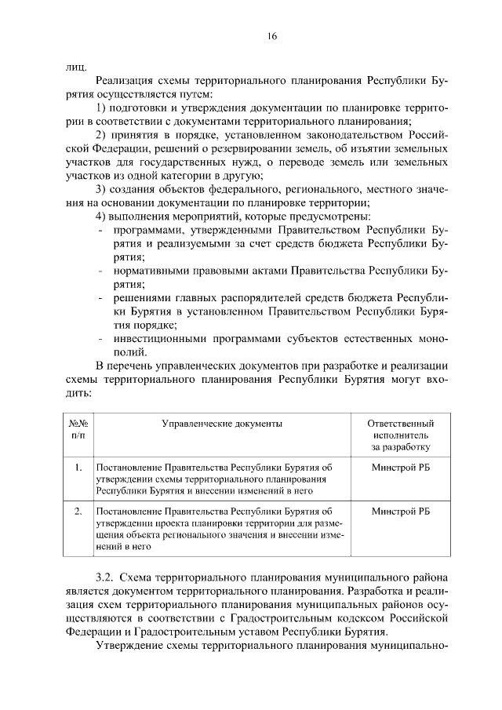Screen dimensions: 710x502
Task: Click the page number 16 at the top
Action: [x=250, y=37]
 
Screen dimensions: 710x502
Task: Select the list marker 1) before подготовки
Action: [x=101, y=107]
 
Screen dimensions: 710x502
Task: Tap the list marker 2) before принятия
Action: [x=101, y=135]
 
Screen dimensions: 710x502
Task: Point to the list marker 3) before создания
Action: [x=101, y=189]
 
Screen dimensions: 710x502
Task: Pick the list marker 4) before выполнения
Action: [x=101, y=217]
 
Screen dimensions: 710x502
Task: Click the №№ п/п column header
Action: [x=78, y=428]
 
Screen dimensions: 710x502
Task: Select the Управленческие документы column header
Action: [x=221, y=423]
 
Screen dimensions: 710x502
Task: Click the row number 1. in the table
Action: [x=78, y=468]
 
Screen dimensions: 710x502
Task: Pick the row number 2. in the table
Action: [x=78, y=511]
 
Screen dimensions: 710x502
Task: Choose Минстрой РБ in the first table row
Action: [x=401, y=468]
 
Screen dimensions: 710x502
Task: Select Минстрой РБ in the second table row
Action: [x=401, y=511]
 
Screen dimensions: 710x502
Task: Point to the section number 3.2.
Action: [x=107, y=577]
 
